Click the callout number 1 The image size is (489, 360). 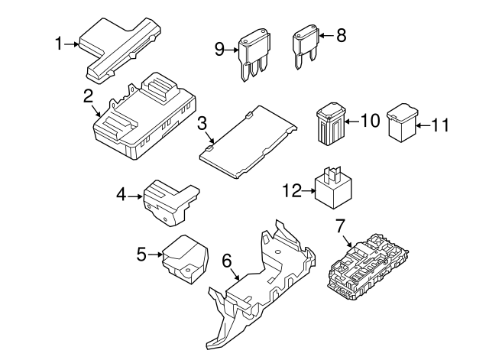point(59,44)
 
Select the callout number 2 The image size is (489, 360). point(89,96)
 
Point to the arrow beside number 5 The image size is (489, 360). point(156,254)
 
